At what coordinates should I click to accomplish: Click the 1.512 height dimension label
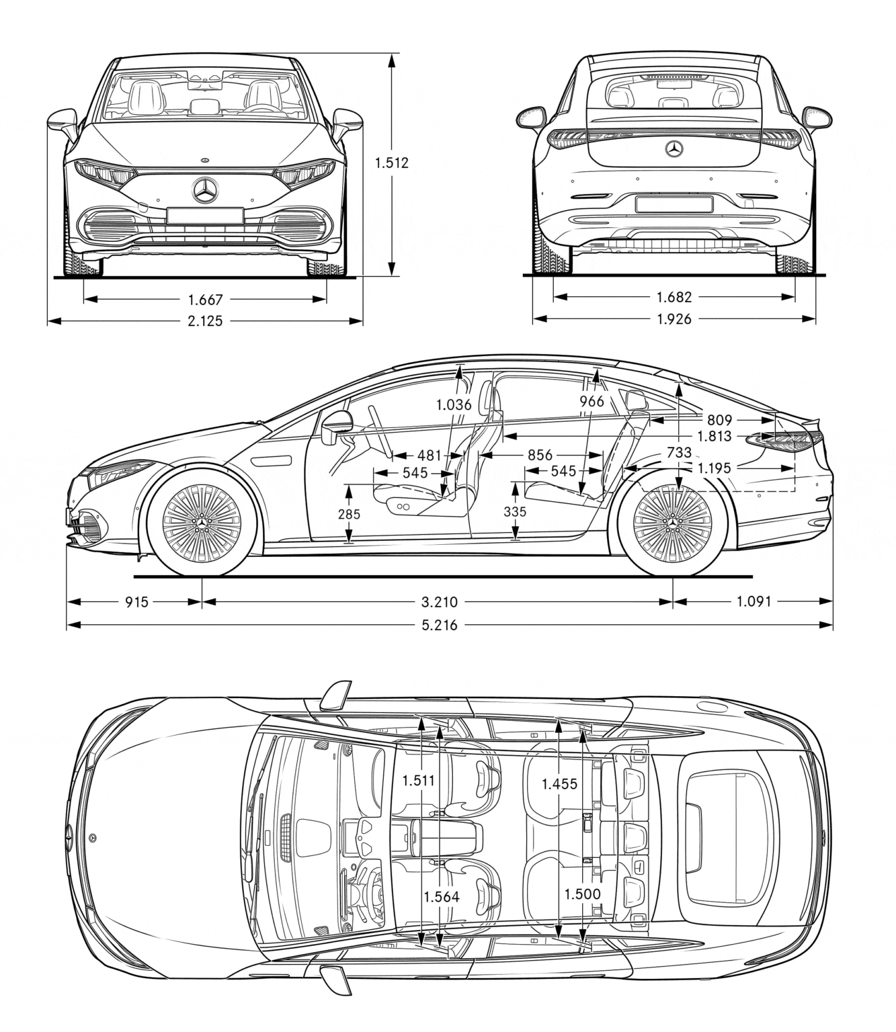point(392,163)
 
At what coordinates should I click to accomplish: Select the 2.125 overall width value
point(205,321)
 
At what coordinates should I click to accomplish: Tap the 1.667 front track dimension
point(205,299)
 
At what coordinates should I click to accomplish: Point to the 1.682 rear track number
point(674,297)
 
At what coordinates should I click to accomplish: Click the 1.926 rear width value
point(674,319)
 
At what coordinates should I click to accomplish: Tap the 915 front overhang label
point(136,602)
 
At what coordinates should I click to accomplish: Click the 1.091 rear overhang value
point(754,602)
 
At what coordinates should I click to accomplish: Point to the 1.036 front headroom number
point(454,404)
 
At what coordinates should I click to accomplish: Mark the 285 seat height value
point(349,515)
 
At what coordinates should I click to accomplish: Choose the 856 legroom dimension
point(540,456)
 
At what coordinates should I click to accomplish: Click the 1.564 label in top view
point(442,896)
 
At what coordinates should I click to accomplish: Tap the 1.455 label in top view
point(559,783)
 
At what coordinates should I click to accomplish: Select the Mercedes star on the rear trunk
point(674,149)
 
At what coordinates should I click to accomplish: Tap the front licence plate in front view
point(205,216)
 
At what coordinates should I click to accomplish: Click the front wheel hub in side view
point(202,522)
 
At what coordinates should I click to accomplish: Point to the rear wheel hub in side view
point(673,522)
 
